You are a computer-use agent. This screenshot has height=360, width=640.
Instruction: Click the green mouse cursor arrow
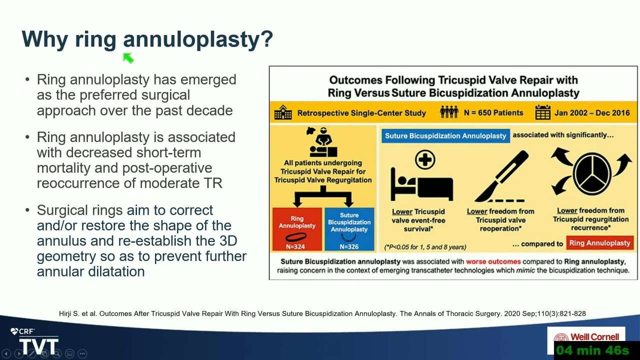pyautogui.click(x=128, y=58)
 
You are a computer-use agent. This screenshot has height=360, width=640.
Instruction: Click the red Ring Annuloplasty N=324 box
pyautogui.click(x=297, y=229)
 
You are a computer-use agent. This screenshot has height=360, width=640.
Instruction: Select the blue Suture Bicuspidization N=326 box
pyautogui.click(x=349, y=229)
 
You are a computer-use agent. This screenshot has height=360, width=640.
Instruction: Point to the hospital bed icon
pyautogui.click(x=421, y=184)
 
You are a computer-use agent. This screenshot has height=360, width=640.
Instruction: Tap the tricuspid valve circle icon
pyautogui.click(x=592, y=173)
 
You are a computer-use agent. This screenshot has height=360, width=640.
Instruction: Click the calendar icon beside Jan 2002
pyautogui.click(x=543, y=112)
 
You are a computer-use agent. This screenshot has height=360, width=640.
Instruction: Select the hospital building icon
pyautogui.click(x=283, y=112)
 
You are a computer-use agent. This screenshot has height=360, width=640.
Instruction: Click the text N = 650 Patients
pyautogui.click(x=493, y=112)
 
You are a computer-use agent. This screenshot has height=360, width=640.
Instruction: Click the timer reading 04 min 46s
pyautogui.click(x=592, y=350)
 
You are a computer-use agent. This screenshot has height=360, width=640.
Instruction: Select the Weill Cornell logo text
pyautogui.click(x=594, y=337)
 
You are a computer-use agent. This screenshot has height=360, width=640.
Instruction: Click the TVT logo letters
pyautogui.click(x=39, y=346)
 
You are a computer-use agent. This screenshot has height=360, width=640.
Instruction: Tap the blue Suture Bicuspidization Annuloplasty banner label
pyautogui.click(x=445, y=135)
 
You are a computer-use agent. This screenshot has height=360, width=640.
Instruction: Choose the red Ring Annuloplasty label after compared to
pyautogui.click(x=599, y=243)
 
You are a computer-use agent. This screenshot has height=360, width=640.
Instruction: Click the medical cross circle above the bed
pyautogui.click(x=425, y=159)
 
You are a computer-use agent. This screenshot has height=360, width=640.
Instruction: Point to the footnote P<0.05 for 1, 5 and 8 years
pyautogui.click(x=425, y=247)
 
